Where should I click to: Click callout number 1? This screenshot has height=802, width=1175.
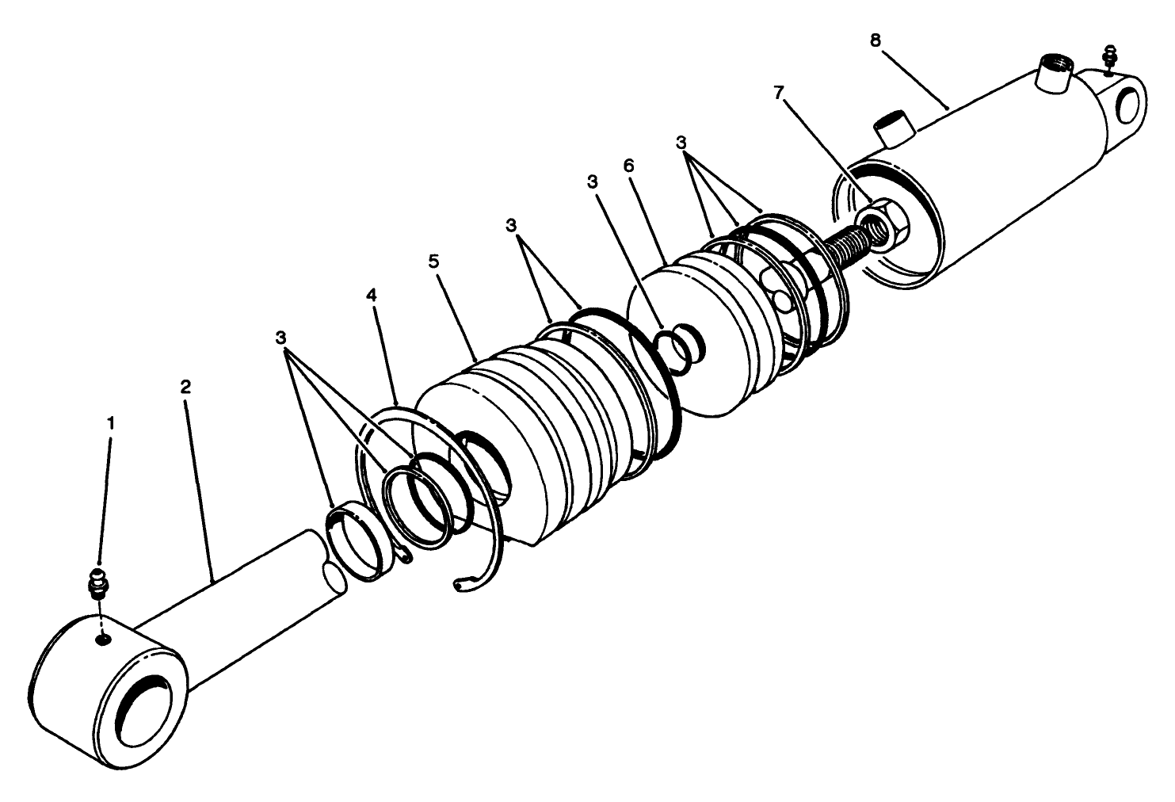(x=111, y=423)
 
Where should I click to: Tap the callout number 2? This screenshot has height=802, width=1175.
(x=185, y=388)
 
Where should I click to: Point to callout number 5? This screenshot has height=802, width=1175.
(x=433, y=262)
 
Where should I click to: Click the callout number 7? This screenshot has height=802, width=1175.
(x=779, y=94)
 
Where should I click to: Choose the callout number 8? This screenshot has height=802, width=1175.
(x=875, y=40)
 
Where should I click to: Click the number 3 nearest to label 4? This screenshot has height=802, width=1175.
(x=280, y=338)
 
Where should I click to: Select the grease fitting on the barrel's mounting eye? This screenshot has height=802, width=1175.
(x=1109, y=58)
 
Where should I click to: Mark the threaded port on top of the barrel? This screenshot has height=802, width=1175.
(x=1053, y=75)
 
